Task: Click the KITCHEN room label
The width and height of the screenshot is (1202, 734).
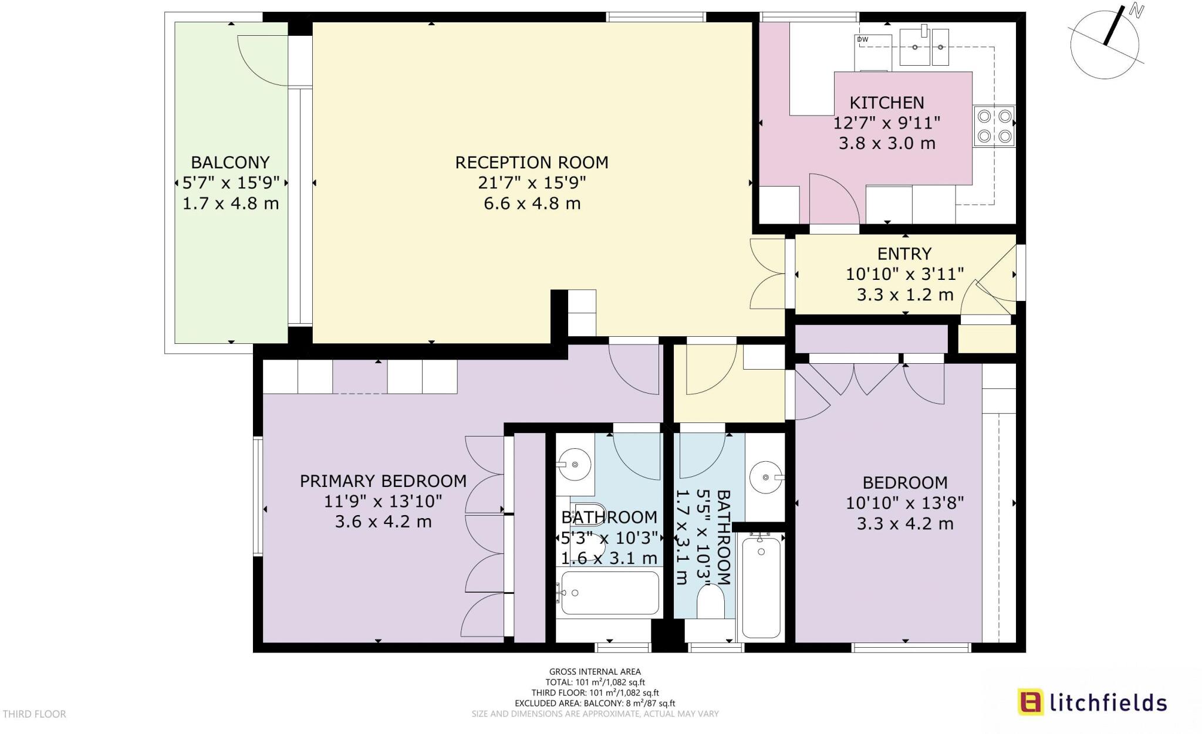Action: [x=886, y=103]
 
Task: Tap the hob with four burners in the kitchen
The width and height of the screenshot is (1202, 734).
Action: [x=994, y=126]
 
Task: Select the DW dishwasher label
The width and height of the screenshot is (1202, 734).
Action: [x=862, y=39]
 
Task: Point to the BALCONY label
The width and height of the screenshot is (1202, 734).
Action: [x=230, y=162]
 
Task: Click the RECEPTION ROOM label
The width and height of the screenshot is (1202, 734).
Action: [x=532, y=162]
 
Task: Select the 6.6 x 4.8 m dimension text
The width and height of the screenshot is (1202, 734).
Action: [x=532, y=204]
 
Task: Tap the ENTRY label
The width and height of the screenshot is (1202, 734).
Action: [x=904, y=253]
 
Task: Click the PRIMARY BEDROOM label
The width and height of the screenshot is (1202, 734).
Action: [x=383, y=481]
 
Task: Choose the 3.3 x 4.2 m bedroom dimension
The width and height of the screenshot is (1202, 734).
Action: [x=904, y=523]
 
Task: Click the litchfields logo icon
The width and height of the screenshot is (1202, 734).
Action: [x=1030, y=702]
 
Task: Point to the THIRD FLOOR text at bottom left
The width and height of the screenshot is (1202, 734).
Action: [x=35, y=714]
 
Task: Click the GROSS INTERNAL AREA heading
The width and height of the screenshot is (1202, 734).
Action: [x=595, y=672]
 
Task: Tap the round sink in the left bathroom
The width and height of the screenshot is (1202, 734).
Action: [x=575, y=465]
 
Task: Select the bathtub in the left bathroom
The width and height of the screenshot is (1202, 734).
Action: [x=609, y=593]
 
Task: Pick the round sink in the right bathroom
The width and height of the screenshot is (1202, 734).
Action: [x=766, y=478]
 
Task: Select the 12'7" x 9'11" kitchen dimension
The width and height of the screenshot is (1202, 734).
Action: [x=886, y=123]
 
